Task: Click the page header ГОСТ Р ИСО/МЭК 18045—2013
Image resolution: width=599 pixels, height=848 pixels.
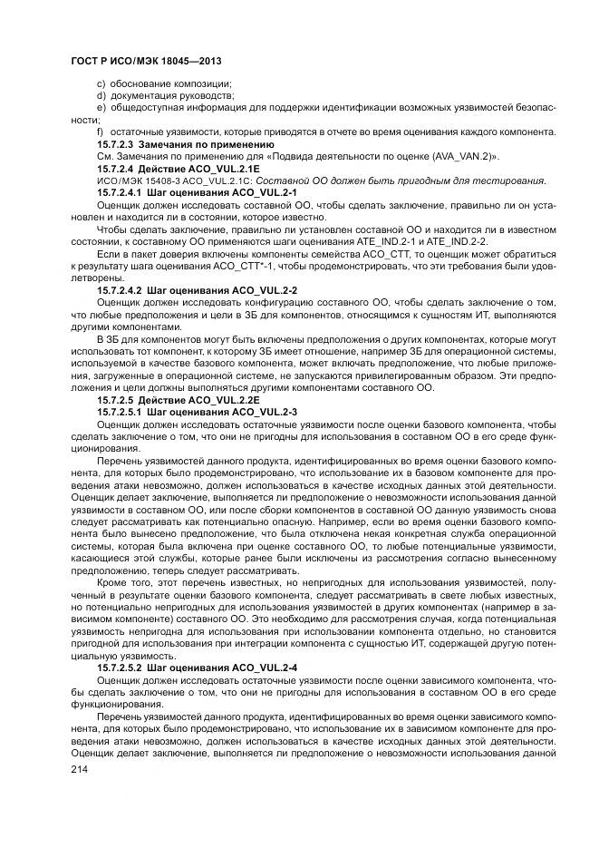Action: coord(146,61)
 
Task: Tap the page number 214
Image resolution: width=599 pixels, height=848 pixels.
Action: coord(80,768)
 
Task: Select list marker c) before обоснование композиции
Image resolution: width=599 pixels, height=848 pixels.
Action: coord(101,84)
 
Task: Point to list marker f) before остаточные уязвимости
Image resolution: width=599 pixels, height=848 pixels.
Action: coord(100,132)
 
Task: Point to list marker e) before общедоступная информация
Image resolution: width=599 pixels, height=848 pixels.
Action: coord(101,108)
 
